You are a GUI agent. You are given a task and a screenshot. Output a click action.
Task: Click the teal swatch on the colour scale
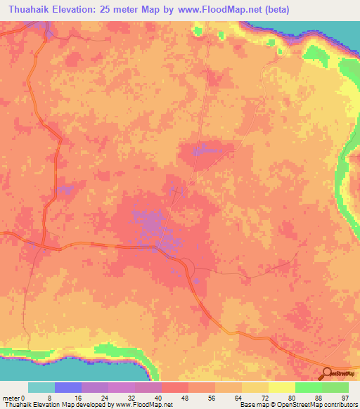(x=41, y=387)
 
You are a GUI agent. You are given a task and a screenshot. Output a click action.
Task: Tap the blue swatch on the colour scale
(x=68, y=387)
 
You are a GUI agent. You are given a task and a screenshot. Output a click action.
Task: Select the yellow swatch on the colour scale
(x=281, y=387)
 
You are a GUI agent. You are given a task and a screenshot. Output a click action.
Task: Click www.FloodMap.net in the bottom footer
(x=147, y=405)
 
